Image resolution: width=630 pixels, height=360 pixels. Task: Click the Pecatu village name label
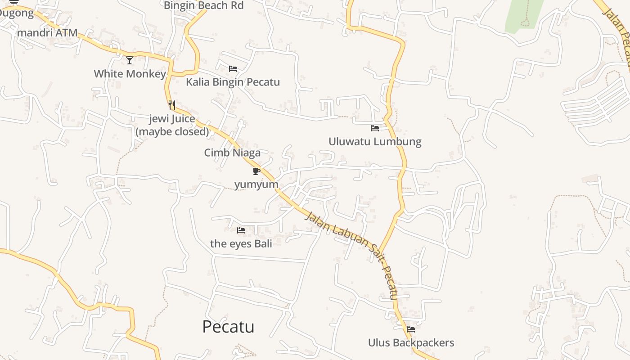point(228,327)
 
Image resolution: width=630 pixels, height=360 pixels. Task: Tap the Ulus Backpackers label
point(411,343)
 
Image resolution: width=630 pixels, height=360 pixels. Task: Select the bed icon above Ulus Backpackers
point(410,329)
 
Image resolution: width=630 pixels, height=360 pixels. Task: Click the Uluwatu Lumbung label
point(375,142)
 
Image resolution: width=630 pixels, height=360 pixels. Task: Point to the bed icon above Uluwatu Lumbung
point(374,128)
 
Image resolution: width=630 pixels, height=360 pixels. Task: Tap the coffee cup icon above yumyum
point(256,171)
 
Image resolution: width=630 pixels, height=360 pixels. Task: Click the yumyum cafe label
point(256,185)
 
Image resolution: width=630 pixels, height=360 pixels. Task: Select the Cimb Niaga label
point(232,153)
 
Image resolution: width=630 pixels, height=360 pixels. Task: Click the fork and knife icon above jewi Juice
point(171,105)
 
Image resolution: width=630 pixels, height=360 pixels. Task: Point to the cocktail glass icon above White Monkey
point(130,60)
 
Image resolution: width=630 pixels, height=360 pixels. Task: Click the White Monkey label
point(130,74)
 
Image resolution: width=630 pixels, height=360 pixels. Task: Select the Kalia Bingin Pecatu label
point(233,82)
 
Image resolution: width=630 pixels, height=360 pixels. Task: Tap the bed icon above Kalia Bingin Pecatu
point(233,69)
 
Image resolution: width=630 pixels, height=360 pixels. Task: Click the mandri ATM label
point(47,33)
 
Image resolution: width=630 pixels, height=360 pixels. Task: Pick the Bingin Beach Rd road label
point(203,6)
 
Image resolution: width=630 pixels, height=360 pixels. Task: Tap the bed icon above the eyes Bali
point(241,230)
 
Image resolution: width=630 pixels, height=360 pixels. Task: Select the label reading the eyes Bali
point(241,244)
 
